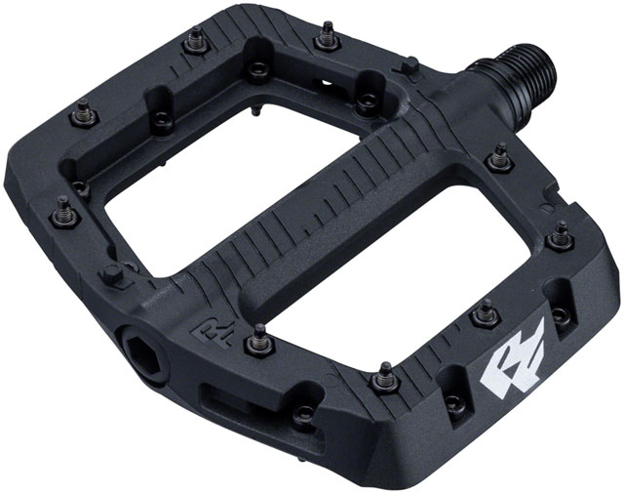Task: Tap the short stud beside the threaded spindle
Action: pyautogui.click(x=411, y=66)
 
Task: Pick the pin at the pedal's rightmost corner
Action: pyautogui.click(x=560, y=234)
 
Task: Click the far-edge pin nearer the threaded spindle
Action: pyautogui.click(x=325, y=39)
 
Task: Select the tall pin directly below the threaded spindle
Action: pyautogui.click(x=500, y=156)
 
